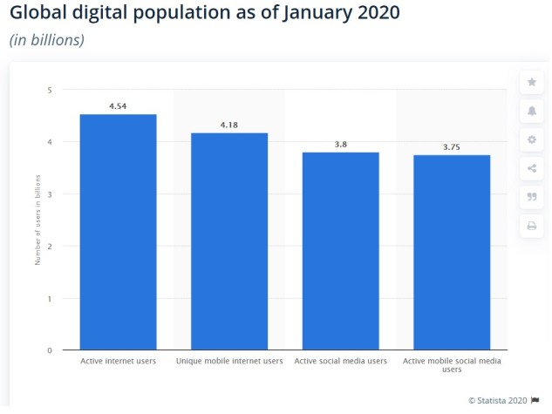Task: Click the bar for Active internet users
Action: point(118,232)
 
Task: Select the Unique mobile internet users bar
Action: point(229,241)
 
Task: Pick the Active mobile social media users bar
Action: point(452,253)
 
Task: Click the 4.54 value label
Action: point(118,106)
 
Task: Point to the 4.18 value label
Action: point(229,125)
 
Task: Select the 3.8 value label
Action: point(341,145)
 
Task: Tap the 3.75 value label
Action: point(452,146)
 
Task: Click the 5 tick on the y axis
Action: point(50,90)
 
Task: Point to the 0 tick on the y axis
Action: point(50,350)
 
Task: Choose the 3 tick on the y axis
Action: point(50,194)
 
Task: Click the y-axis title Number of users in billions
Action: point(37,221)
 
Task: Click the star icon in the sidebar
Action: point(530,82)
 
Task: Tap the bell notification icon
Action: point(530,111)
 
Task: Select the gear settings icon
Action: point(530,139)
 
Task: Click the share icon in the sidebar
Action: point(530,168)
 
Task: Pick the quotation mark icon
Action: point(530,197)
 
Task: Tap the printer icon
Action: point(530,226)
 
